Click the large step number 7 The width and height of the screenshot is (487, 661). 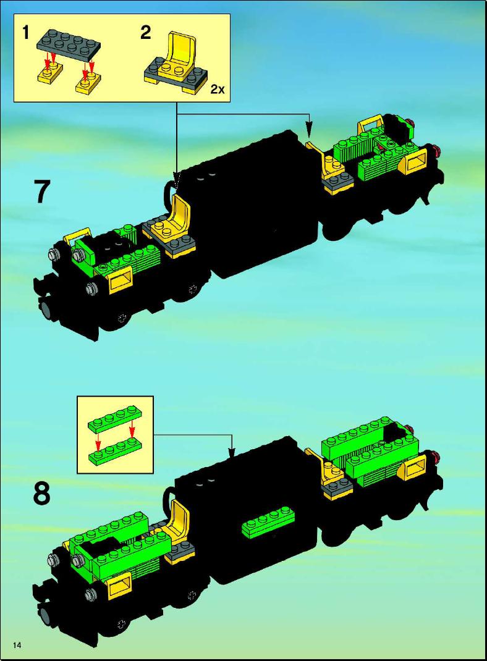point(42,192)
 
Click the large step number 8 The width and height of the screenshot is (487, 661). point(42,493)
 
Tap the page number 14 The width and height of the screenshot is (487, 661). point(17,644)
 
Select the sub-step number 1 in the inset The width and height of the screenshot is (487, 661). point(26,32)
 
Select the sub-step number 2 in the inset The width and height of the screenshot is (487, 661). point(145,32)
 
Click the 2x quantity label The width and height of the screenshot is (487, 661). point(218,89)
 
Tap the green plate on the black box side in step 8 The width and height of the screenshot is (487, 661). point(268,522)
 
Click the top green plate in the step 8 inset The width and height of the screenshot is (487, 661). point(115,418)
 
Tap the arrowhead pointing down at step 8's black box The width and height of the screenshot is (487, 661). point(231,452)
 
